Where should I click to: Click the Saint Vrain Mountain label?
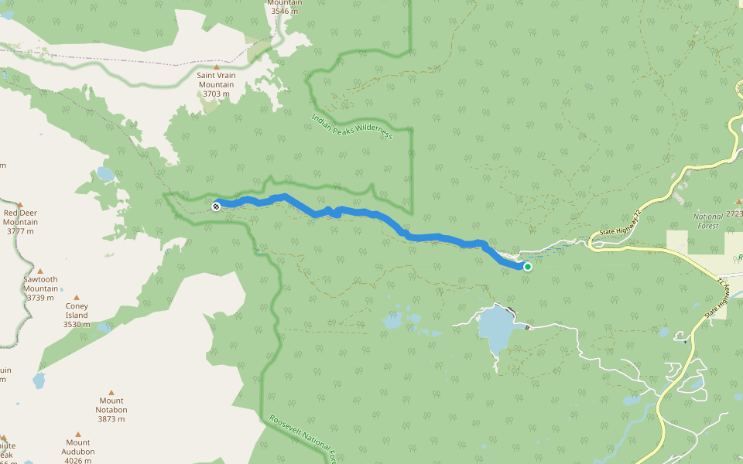point(216,80)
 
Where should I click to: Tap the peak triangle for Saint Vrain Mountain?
point(216,67)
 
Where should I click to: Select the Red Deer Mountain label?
point(21,217)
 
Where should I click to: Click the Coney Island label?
point(77,310)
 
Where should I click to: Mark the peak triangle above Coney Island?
point(77,297)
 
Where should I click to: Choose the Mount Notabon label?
point(111,405)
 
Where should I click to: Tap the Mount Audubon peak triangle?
point(77,435)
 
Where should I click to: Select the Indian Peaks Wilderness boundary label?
point(352,127)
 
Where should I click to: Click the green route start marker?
point(528,267)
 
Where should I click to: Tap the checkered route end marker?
point(216,206)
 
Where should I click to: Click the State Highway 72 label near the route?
point(621,225)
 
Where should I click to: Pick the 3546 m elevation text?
point(285,12)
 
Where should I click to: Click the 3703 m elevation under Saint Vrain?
point(216,94)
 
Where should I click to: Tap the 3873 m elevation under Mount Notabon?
point(111,419)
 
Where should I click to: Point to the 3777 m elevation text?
point(21,231)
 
